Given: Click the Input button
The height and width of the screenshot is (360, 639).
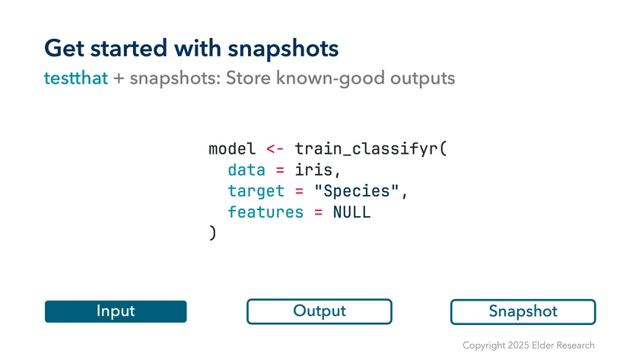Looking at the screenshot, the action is (x=116, y=311).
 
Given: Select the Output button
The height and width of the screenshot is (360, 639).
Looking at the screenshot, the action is (x=319, y=311).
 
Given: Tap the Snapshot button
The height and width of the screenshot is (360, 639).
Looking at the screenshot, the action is (x=523, y=312).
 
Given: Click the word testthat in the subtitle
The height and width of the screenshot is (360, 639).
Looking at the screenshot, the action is (x=76, y=78).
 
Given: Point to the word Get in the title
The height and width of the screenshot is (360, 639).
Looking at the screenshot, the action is (x=65, y=48).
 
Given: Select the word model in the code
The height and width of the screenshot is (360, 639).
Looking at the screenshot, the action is (x=232, y=149).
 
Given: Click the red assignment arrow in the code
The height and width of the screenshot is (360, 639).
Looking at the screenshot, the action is (x=275, y=149).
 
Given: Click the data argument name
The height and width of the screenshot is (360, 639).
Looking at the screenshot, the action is (x=246, y=170).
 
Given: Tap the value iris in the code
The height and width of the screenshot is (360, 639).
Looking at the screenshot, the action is (x=313, y=170).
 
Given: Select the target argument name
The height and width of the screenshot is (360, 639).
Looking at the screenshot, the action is (x=256, y=191).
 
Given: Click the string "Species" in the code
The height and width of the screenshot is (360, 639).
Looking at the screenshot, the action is (x=357, y=191).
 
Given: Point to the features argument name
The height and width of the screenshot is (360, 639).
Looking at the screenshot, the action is (x=265, y=212).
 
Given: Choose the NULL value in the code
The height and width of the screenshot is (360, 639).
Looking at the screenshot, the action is (x=351, y=212).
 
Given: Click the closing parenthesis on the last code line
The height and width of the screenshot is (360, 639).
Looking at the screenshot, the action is (x=212, y=233).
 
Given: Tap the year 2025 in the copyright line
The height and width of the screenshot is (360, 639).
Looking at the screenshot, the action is (x=518, y=346).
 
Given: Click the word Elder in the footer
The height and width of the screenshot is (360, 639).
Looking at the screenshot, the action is (x=543, y=346).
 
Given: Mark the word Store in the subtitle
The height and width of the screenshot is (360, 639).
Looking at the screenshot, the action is (x=248, y=78).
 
